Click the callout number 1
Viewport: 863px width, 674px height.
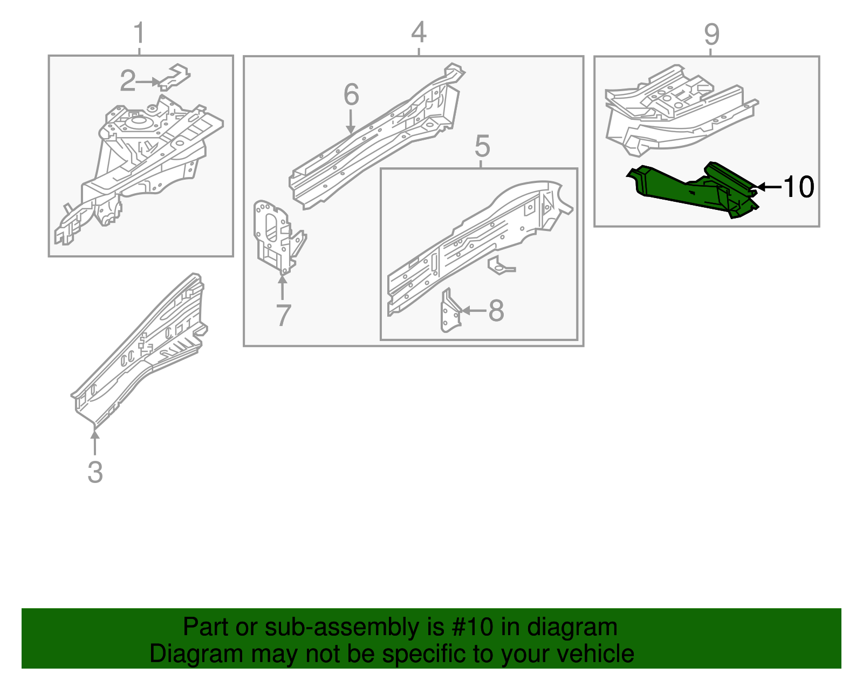coord(139,33)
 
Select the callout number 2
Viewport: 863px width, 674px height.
coord(127,81)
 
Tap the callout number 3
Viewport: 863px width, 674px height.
coord(95,472)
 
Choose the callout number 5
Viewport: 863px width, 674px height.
coord(482,146)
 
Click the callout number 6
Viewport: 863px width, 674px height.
coord(351,95)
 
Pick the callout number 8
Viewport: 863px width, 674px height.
coord(496,311)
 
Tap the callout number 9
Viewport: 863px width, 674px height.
coord(711,35)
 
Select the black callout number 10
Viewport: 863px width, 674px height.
coord(798,187)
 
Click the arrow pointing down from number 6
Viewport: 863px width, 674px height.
coord(351,121)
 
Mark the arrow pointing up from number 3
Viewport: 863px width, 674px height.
coord(95,442)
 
